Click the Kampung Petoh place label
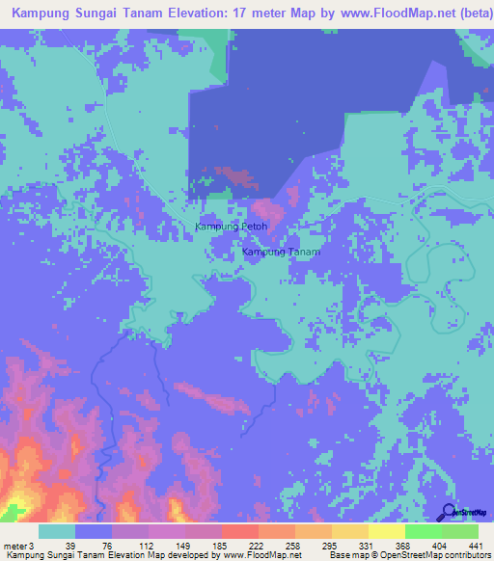231,227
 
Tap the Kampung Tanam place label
280,252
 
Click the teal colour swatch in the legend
57,531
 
